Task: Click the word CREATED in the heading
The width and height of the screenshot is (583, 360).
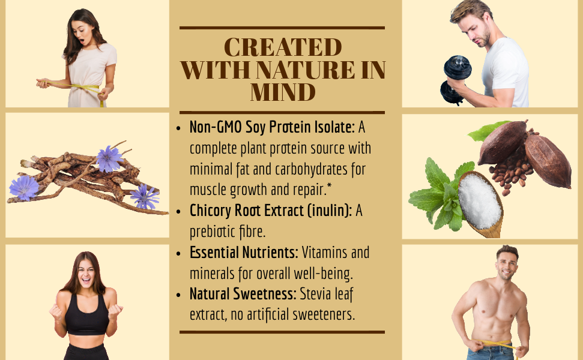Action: point(283,47)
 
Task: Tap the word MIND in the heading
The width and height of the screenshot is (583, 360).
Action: point(283,92)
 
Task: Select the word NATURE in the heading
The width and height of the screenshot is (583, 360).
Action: point(305,70)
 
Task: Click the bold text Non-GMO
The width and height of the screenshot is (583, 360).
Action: point(216,127)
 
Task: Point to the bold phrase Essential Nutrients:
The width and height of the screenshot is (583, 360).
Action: point(244,253)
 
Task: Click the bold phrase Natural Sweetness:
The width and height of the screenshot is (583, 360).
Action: point(243,294)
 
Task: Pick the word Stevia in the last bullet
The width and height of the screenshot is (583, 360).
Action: point(315,294)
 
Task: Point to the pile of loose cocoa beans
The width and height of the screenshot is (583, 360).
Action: point(510,171)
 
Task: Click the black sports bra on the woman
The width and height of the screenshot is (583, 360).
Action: point(86,315)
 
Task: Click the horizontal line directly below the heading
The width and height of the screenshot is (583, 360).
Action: point(282,112)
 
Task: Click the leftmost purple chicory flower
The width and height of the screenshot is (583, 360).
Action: point(24,188)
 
